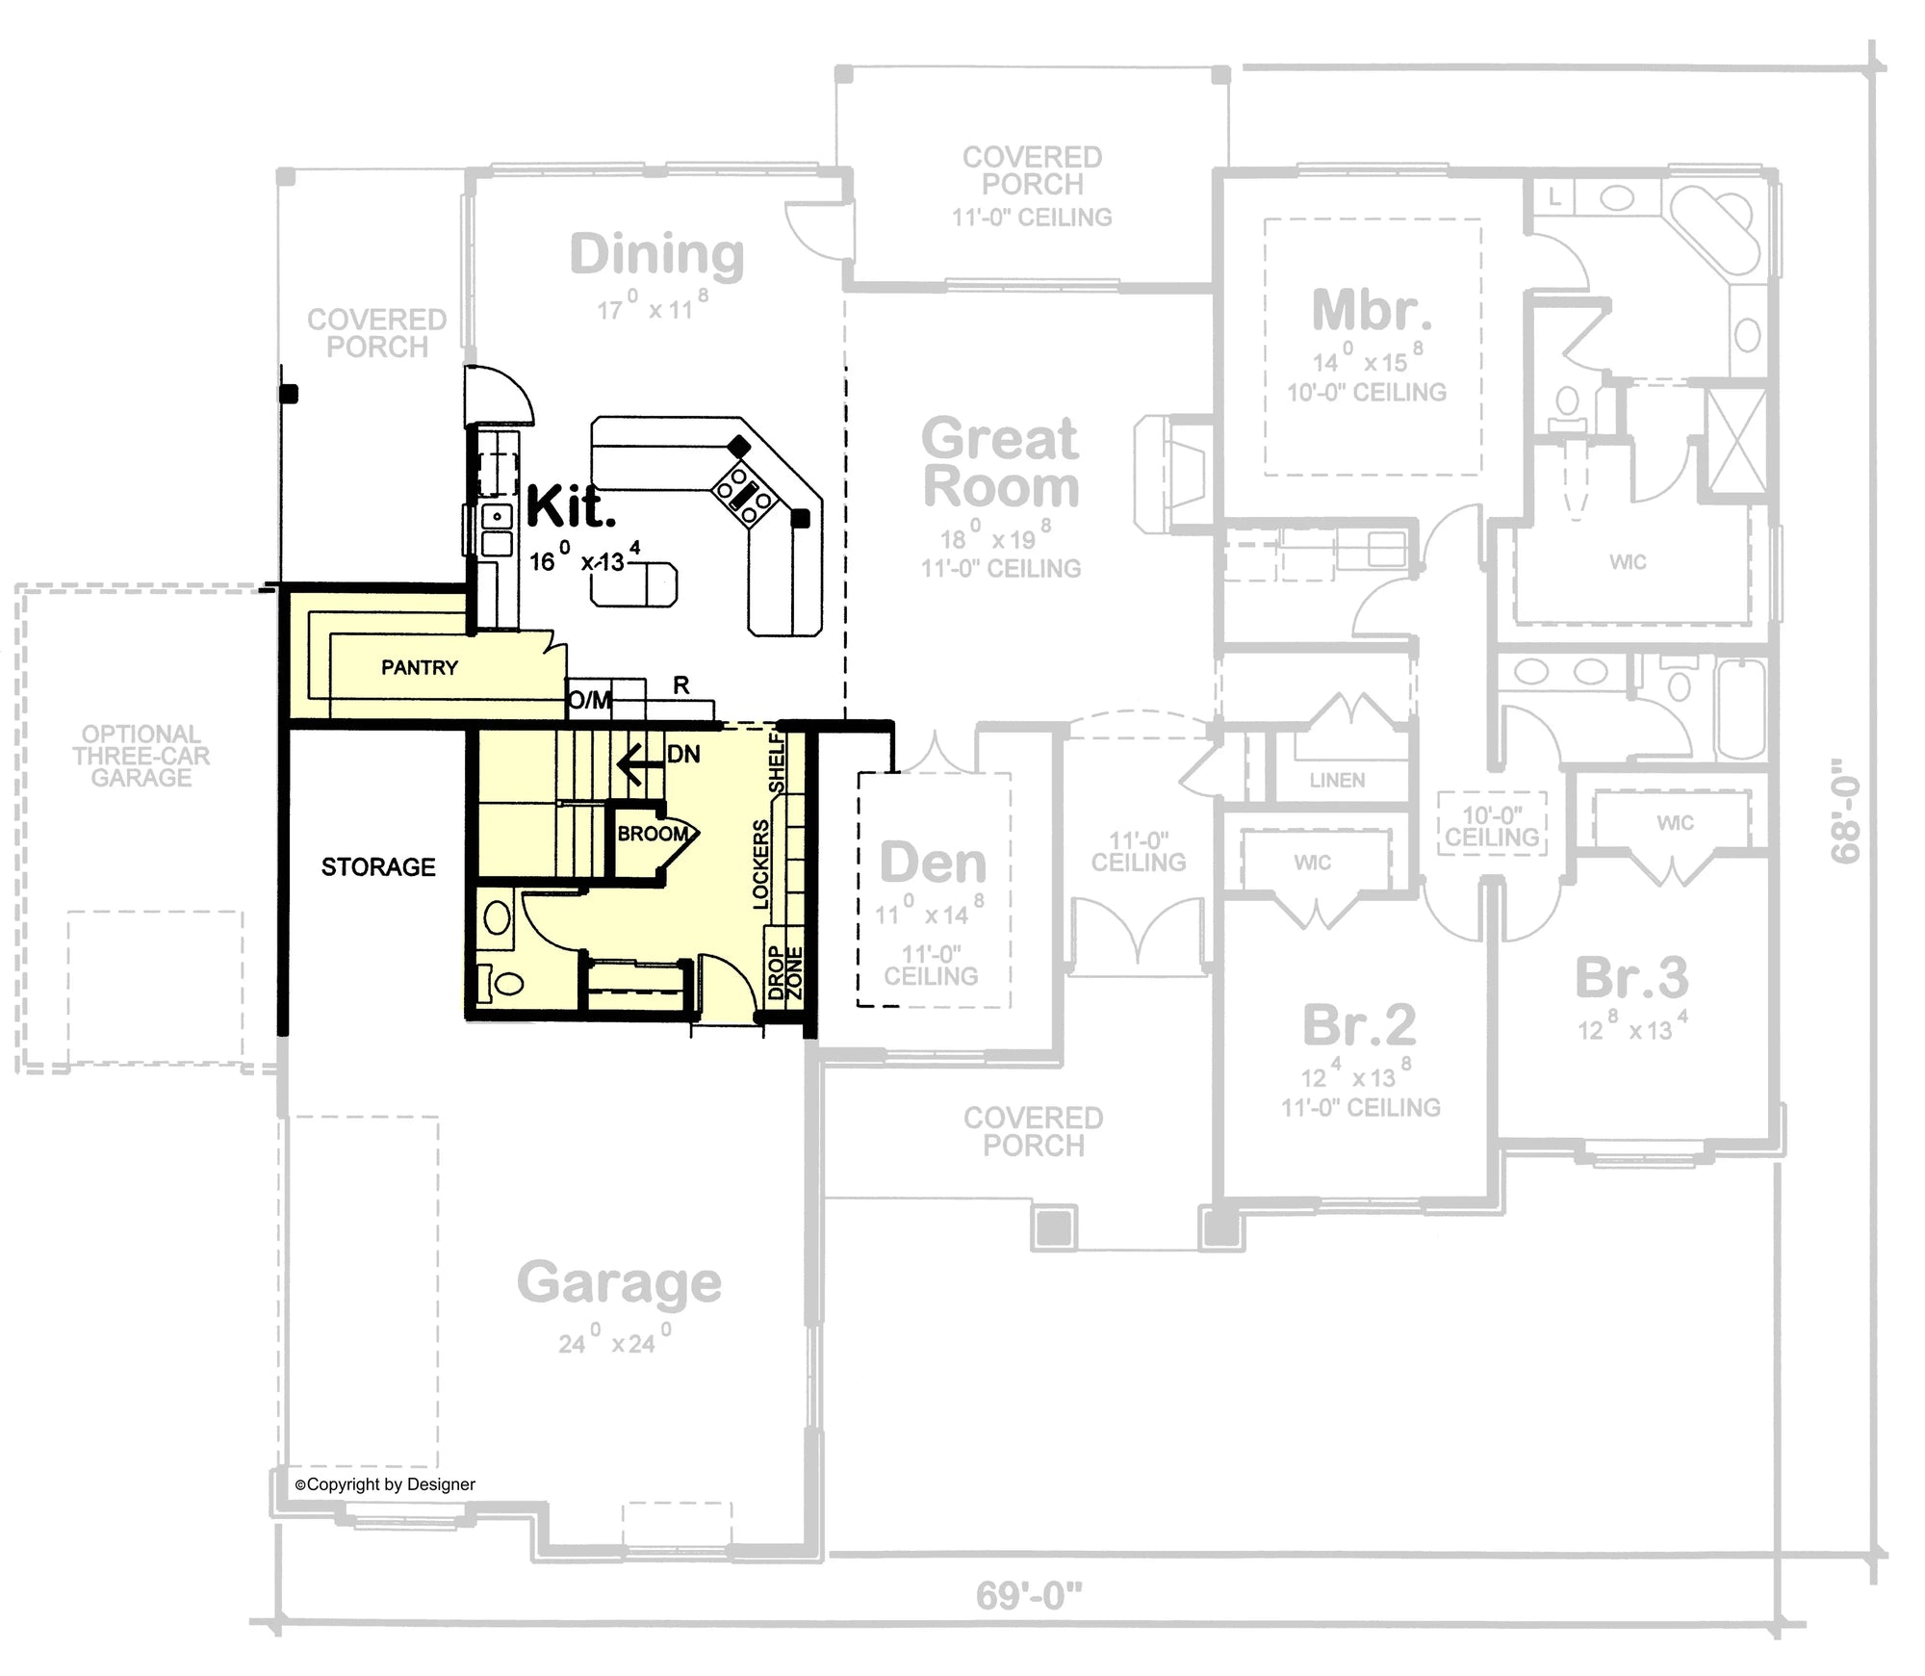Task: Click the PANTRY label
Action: pyautogui.click(x=419, y=667)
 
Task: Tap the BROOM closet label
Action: pyautogui.click(x=653, y=834)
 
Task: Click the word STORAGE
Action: pyautogui.click(x=378, y=867)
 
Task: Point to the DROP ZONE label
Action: pyautogui.click(x=784, y=973)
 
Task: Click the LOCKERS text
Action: pyautogui.click(x=760, y=864)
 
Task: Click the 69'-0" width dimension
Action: pyautogui.click(x=1028, y=1595)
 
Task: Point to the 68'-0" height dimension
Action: pyautogui.click(x=1846, y=811)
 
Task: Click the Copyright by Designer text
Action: pyautogui.click(x=385, y=1484)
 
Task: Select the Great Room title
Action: pyautogui.click(x=1000, y=462)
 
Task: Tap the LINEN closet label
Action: pyautogui.click(x=1336, y=780)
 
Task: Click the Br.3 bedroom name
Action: pyautogui.click(x=1631, y=977)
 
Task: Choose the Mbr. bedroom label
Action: pyautogui.click(x=1371, y=309)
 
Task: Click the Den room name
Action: pyautogui.click(x=933, y=862)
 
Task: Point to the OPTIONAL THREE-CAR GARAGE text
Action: pyautogui.click(x=141, y=756)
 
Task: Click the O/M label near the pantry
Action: pyautogui.click(x=589, y=700)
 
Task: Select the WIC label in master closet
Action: pyautogui.click(x=1628, y=562)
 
